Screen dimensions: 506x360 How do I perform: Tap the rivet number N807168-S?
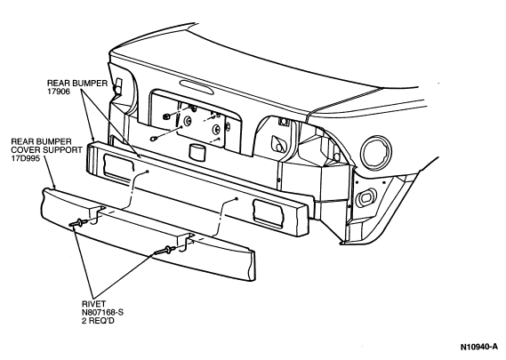[x=102, y=313]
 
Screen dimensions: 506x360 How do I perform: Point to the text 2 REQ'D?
[x=98, y=321]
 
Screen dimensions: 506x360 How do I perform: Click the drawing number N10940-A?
[x=479, y=347]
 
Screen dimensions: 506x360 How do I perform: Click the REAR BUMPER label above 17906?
[x=77, y=84]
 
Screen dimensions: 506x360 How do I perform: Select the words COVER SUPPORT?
[x=47, y=150]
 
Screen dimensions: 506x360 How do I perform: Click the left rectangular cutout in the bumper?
[x=117, y=167]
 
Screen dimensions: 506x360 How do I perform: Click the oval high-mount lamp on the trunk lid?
[x=197, y=87]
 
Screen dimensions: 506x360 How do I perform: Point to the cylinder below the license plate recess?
[x=197, y=153]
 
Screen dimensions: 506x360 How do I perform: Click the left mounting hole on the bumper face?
[x=147, y=172]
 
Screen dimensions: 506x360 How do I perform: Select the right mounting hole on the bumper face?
[x=237, y=199]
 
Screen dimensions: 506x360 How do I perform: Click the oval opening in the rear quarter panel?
[x=365, y=197]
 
